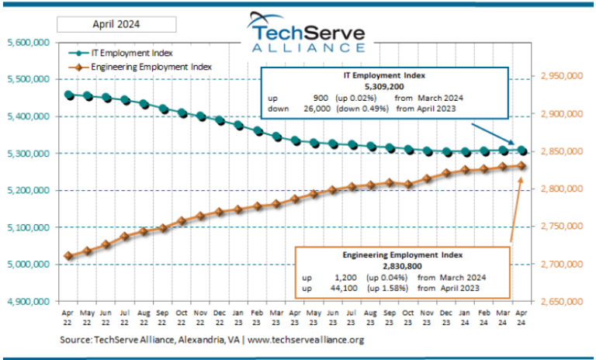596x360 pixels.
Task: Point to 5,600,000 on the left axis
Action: coord(28,43)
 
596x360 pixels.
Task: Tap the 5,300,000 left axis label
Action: coord(28,154)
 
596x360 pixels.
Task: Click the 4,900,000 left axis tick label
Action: coord(28,301)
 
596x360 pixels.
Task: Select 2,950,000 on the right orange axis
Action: coord(560,77)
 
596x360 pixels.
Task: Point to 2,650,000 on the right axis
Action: coord(560,301)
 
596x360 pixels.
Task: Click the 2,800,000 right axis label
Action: coord(560,189)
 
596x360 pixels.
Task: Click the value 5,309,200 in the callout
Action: coord(385,88)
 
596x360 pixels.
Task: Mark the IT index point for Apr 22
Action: coord(69,95)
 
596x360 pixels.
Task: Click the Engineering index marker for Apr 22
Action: coord(69,256)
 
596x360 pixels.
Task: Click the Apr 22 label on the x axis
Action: coord(68,318)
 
